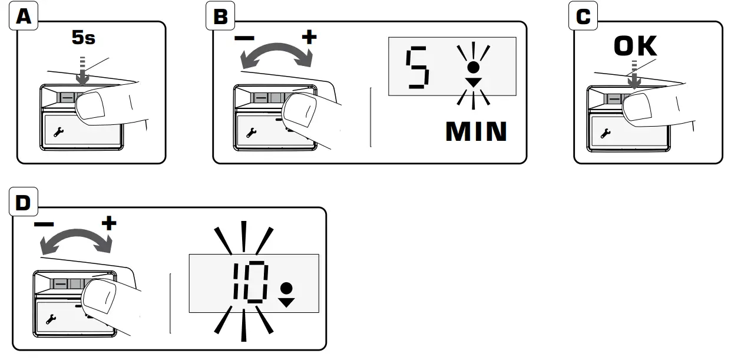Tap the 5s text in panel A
(83, 39)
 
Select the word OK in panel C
(635, 47)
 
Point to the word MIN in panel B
(477, 131)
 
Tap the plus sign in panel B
(309, 37)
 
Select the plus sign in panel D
(109, 223)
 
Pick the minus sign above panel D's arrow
(44, 224)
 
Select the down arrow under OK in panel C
(634, 80)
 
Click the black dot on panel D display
(286, 289)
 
